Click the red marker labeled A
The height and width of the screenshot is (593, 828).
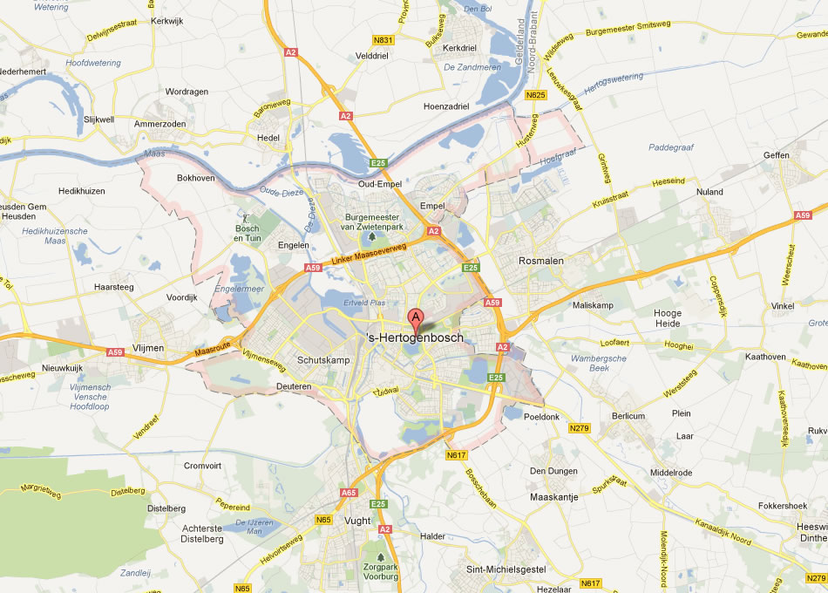coord(417,317)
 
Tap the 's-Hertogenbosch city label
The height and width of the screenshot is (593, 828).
coord(415,337)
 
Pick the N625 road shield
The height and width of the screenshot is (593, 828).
coord(536,95)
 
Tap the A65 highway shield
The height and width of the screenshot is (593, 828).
coord(349,493)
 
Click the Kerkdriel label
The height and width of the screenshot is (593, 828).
coord(460,48)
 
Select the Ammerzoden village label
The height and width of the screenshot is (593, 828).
coord(160,124)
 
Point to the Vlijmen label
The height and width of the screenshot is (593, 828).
coord(148,347)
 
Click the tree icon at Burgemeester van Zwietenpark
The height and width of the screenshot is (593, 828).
coord(373,235)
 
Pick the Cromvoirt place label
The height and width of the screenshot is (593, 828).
coord(203,466)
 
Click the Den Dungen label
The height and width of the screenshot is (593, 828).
coord(553,472)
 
